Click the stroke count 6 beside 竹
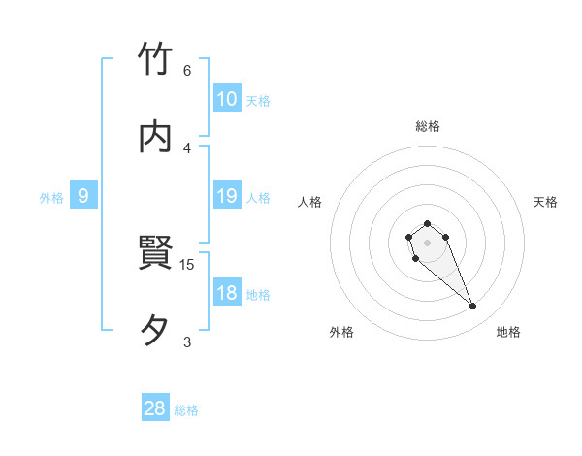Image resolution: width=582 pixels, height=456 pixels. click(187, 71)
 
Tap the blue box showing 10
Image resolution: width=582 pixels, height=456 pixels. click(227, 99)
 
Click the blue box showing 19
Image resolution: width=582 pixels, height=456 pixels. click(227, 196)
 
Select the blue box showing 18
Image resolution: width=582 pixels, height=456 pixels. click(227, 293)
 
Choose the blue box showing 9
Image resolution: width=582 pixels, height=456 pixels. click(83, 196)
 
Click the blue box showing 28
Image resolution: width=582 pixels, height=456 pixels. click(155, 408)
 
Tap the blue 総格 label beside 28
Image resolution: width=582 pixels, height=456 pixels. click(186, 410)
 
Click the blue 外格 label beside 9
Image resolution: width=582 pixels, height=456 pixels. click(51, 198)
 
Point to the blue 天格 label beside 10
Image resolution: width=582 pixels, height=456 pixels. click(258, 101)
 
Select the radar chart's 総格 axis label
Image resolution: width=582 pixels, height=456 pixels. click(428, 126)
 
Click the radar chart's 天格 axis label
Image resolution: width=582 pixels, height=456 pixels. click(545, 202)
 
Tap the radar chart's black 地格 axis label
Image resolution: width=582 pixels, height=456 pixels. click(508, 332)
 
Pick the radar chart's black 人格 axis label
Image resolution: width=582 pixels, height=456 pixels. click(310, 202)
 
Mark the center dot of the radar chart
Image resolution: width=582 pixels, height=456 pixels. click(427, 242)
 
